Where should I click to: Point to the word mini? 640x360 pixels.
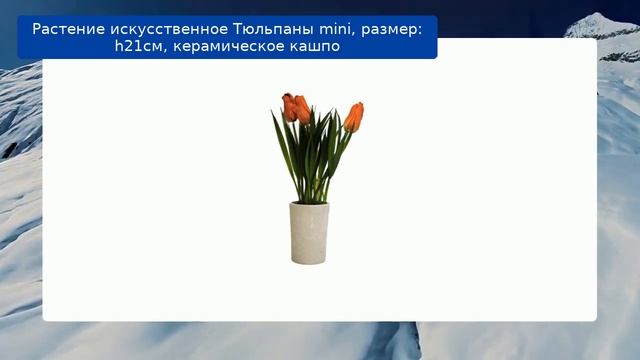331,29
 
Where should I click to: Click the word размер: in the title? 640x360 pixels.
391,29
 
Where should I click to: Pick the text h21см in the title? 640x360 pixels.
137,47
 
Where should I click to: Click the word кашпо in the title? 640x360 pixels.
315,47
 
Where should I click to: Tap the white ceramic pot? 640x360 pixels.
309,235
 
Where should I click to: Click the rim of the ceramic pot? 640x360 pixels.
309,205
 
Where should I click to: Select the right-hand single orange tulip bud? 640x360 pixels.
354,116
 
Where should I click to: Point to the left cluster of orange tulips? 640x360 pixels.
295,107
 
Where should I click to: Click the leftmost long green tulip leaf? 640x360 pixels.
281,145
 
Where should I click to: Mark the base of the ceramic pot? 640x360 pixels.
309,260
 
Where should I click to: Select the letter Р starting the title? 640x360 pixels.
37,29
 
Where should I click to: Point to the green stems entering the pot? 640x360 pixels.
311,195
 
